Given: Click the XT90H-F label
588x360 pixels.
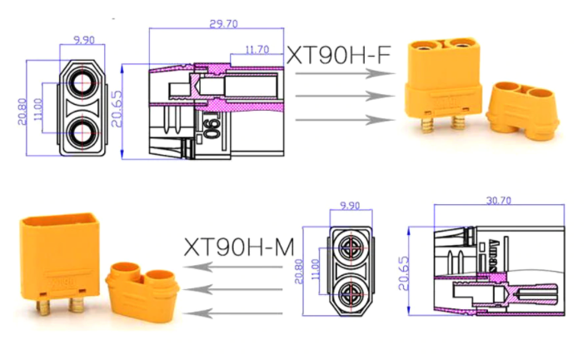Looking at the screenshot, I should [x=338, y=55].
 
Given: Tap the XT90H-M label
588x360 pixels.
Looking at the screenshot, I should [x=238, y=247].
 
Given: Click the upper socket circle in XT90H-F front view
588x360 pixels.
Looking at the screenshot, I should [x=84, y=83].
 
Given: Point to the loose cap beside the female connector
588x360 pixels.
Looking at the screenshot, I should [x=521, y=108].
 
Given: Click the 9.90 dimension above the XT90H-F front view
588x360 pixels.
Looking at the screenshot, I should [x=84, y=38].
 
